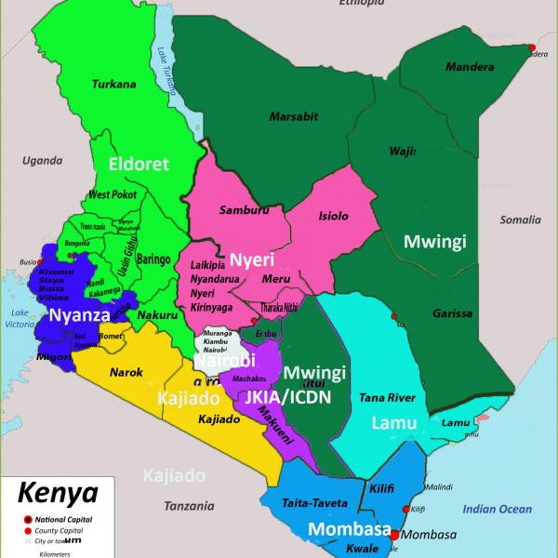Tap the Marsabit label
293,116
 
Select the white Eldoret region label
139,165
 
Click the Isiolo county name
333,216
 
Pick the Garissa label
452,314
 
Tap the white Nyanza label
80,315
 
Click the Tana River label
387,398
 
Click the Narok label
126,372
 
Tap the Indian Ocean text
498,509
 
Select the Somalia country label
520,220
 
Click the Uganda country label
42,160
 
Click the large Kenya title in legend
58,491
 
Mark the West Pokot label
113,194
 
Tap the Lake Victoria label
19,319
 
